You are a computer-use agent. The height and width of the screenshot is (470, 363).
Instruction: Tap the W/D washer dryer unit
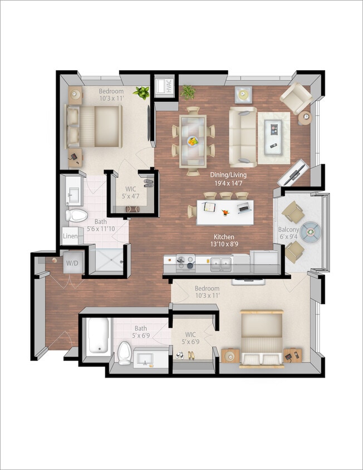pyautogui.click(x=72, y=263)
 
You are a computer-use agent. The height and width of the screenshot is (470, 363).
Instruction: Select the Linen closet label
pyautogui.click(x=70, y=236)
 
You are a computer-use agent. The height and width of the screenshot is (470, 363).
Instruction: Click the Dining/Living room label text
pyautogui.click(x=228, y=178)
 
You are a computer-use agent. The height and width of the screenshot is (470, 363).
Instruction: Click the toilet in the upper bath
pyautogui.click(x=75, y=215)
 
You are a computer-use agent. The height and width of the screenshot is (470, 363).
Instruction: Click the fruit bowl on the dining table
pyautogui.click(x=193, y=141)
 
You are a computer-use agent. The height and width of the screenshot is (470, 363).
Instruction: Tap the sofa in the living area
pyautogui.click(x=243, y=134)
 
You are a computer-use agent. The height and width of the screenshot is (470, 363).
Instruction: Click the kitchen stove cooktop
pyautogui.click(x=186, y=262)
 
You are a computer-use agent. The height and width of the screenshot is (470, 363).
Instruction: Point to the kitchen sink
pyautogui.click(x=221, y=263)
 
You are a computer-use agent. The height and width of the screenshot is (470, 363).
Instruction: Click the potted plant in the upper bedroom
pyautogui.click(x=142, y=92)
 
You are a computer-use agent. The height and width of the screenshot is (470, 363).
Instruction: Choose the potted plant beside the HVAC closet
pyautogui.click(x=188, y=92)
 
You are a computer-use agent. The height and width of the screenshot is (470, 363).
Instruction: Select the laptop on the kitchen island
pyautogui.click(x=243, y=208)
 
